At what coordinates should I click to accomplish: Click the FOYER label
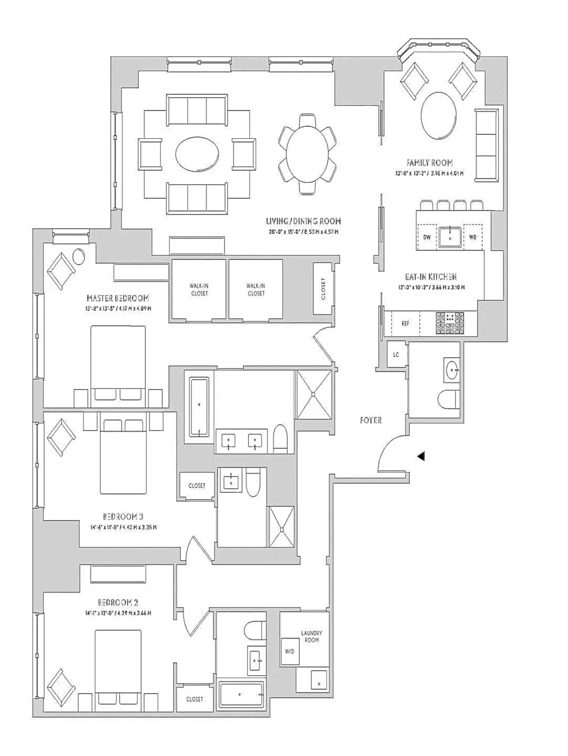click(x=370, y=420)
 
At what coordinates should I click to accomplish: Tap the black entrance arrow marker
click(x=421, y=456)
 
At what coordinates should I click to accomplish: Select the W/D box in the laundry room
click(x=289, y=651)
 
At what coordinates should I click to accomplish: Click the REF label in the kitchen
click(x=405, y=324)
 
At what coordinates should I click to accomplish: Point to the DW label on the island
click(x=427, y=237)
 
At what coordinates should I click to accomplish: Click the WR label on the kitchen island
click(x=472, y=237)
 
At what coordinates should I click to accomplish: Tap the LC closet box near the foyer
click(x=396, y=355)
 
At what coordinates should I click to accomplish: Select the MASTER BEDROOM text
click(x=118, y=298)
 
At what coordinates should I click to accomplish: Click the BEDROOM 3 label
click(x=123, y=516)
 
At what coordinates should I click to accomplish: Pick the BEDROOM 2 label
click(x=118, y=603)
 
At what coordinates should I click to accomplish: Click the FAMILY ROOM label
click(x=429, y=163)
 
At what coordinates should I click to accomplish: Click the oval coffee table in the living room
click(x=197, y=153)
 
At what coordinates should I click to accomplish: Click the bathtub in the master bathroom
click(x=199, y=407)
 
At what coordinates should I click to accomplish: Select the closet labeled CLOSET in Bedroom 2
click(x=195, y=699)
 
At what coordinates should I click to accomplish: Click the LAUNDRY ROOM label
click(x=311, y=636)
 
